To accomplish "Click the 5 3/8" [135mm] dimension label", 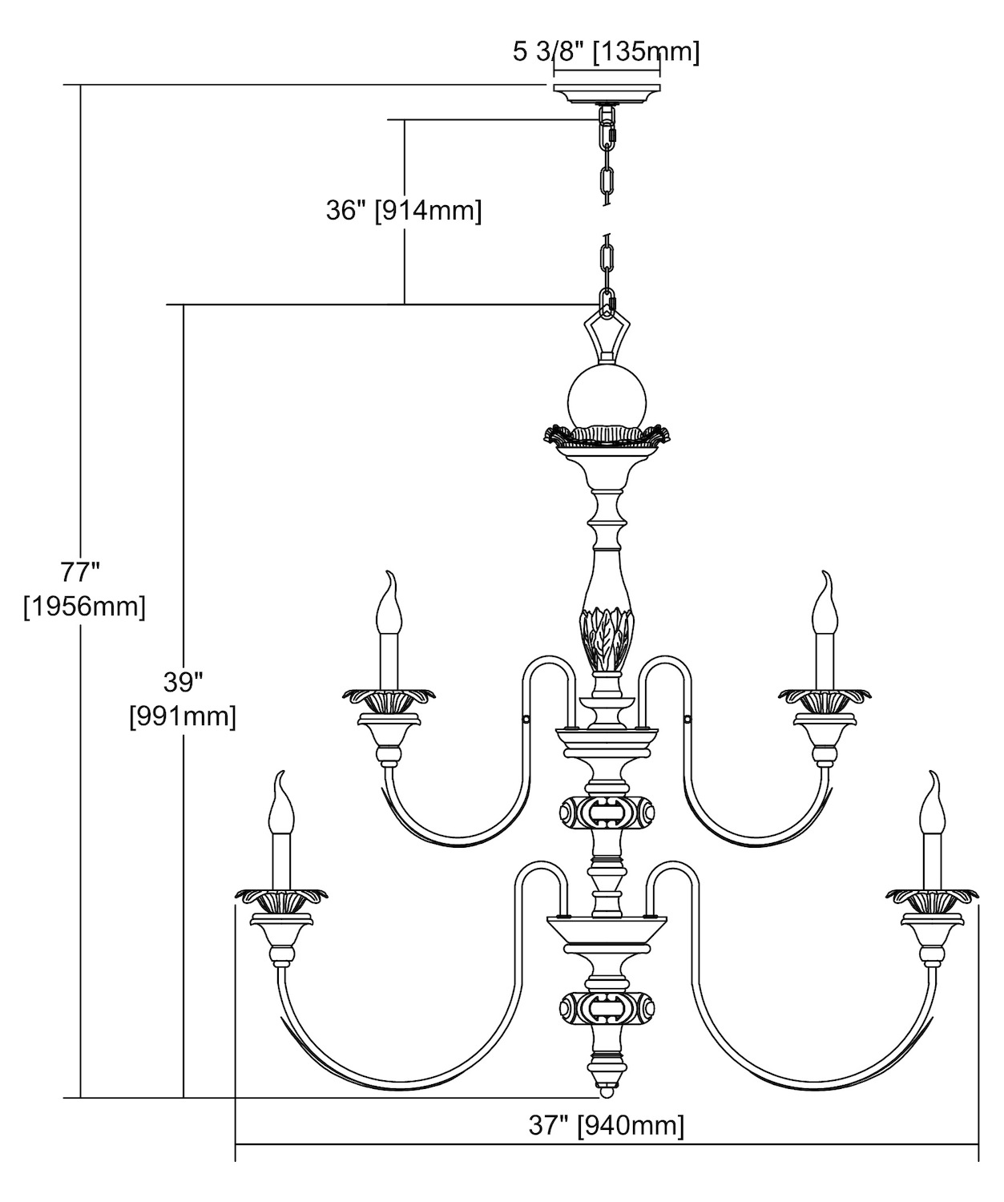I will tap(606, 53).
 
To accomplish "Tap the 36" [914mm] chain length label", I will tap(404, 211).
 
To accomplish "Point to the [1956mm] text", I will tap(85, 607).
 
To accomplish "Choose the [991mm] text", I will tap(183, 716).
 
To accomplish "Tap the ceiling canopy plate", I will tap(607, 92).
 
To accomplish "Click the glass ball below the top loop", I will tap(607, 396).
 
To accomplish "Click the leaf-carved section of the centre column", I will tap(607, 638).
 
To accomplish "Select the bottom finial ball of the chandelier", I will tap(607, 1091).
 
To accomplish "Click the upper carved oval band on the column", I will tap(607, 813).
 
